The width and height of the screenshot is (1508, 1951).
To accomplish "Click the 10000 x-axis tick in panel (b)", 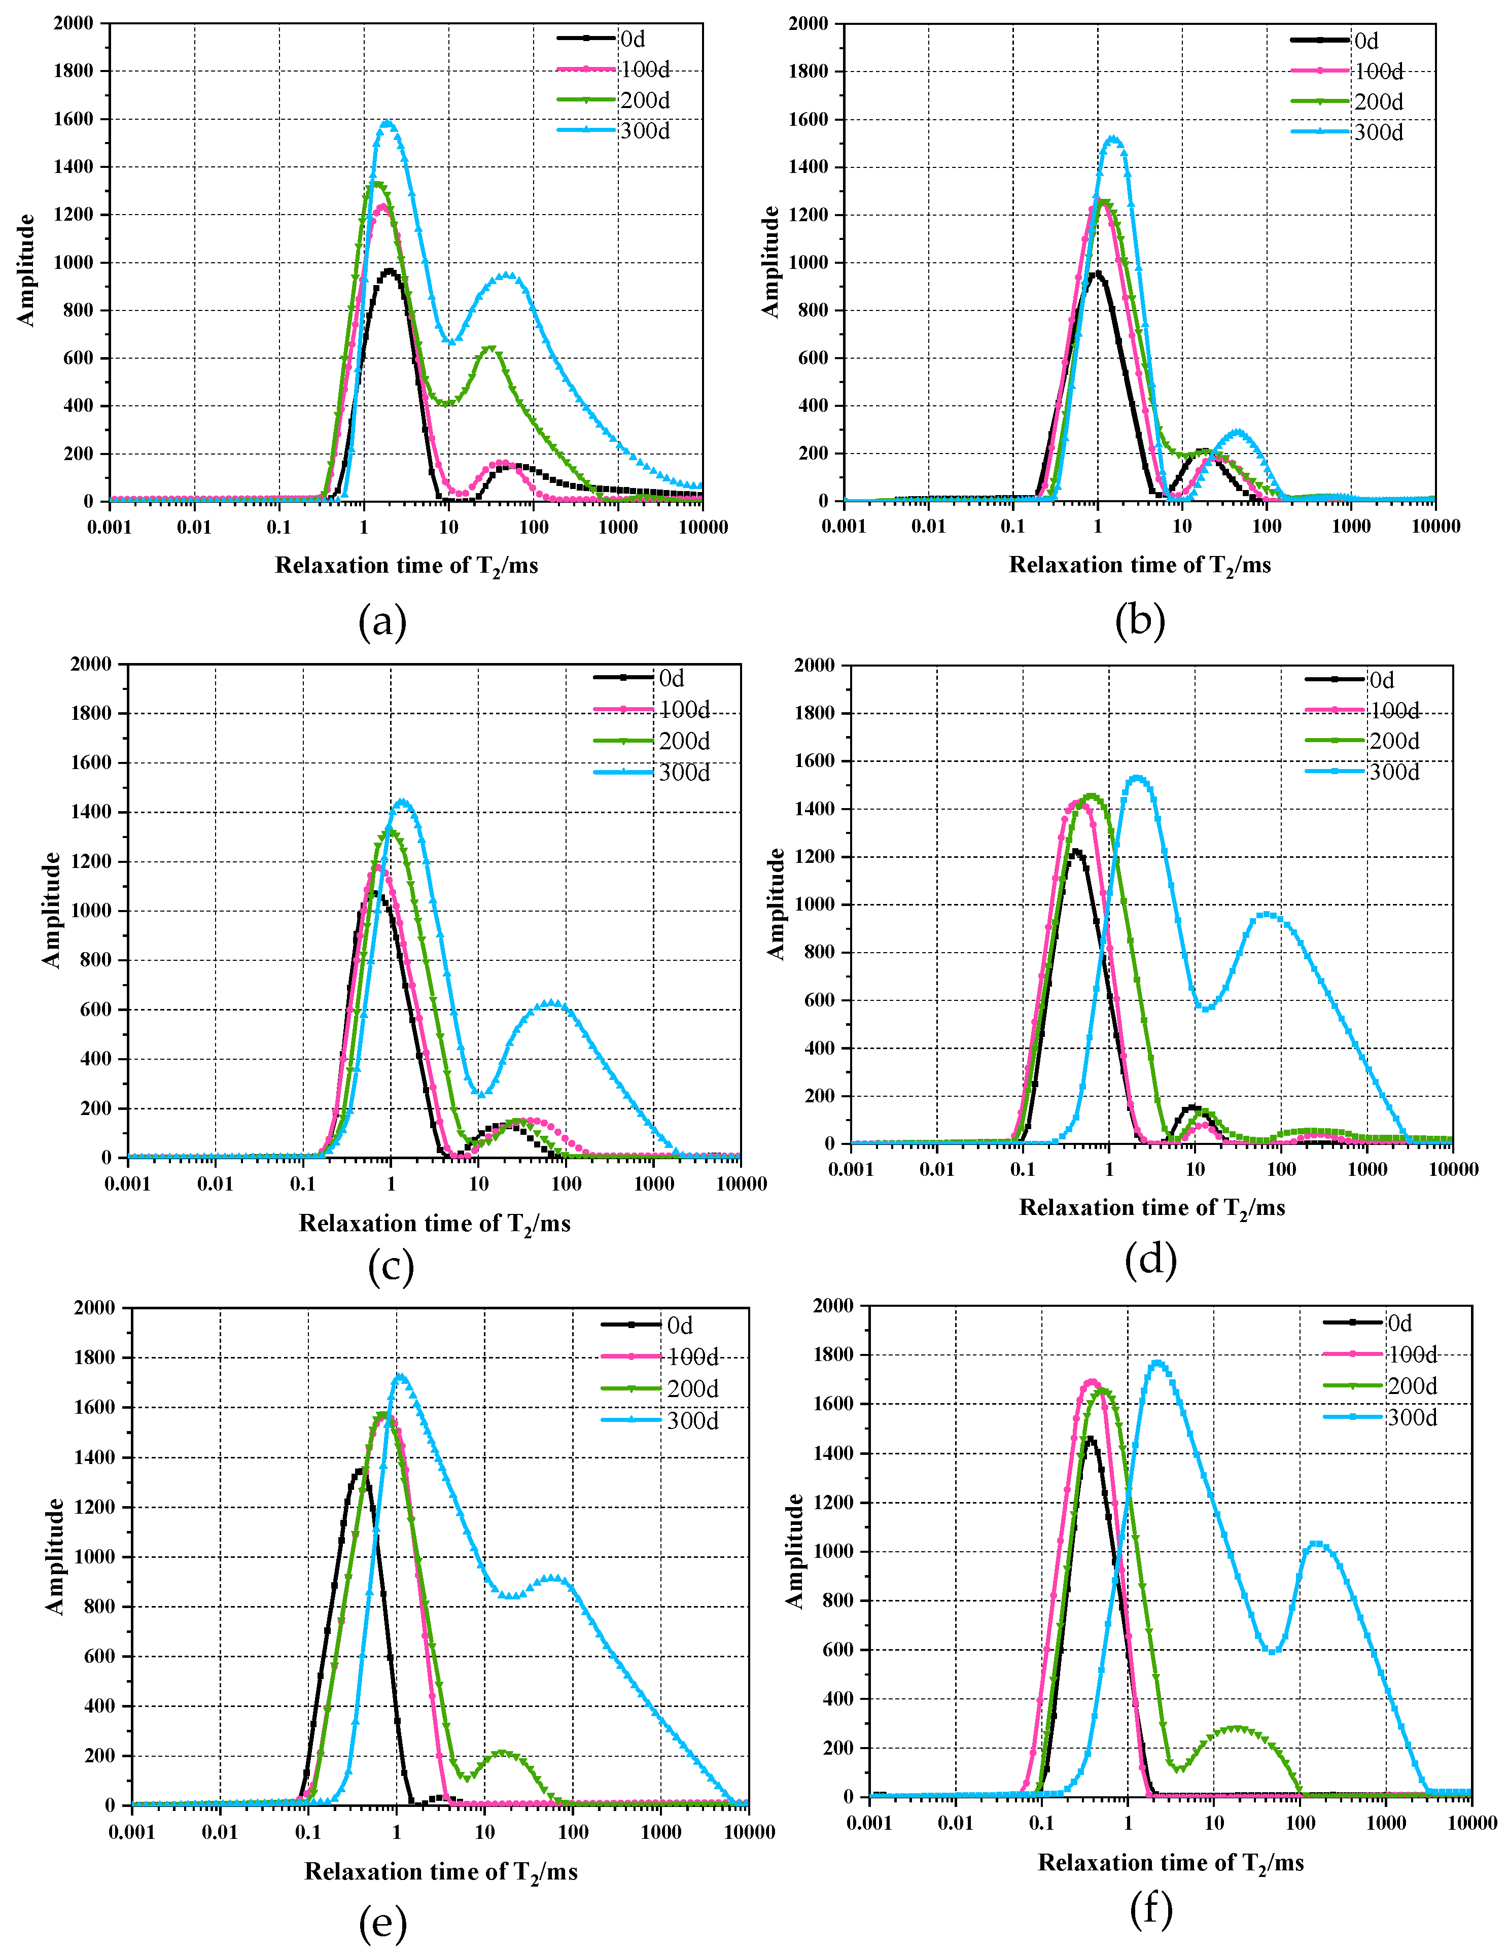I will pos(1435,526).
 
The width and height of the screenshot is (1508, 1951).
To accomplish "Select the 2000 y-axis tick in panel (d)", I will pos(814,665).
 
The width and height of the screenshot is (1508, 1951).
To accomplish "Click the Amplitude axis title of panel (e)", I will pos(55,1556).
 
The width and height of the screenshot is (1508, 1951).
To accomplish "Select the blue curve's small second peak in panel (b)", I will pos(1237,432).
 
